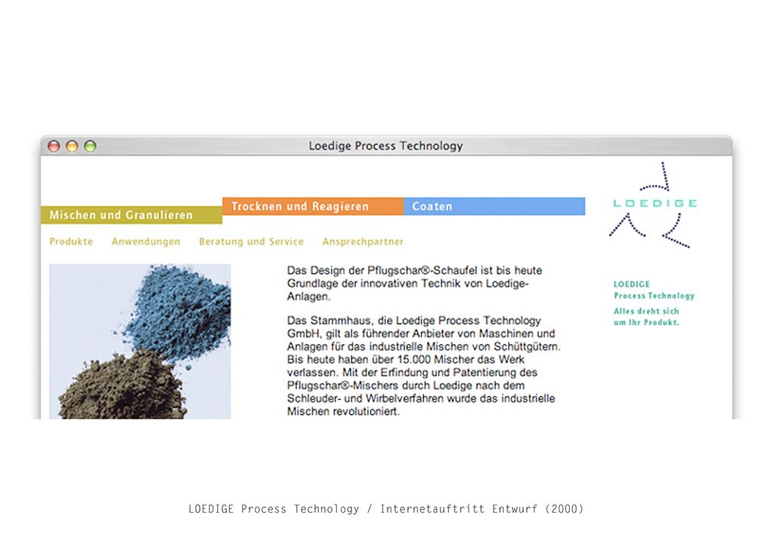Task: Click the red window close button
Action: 54,146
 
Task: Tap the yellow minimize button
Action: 72,146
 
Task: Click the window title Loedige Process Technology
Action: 385,146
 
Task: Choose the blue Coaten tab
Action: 495,207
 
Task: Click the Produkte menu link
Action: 72,242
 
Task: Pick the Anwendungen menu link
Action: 146,242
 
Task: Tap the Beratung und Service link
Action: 251,242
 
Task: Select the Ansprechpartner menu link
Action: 363,242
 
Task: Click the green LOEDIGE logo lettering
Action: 655,204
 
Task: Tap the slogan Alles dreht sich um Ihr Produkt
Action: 646,317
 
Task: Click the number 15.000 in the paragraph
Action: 414,360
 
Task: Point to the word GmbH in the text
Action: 300,334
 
